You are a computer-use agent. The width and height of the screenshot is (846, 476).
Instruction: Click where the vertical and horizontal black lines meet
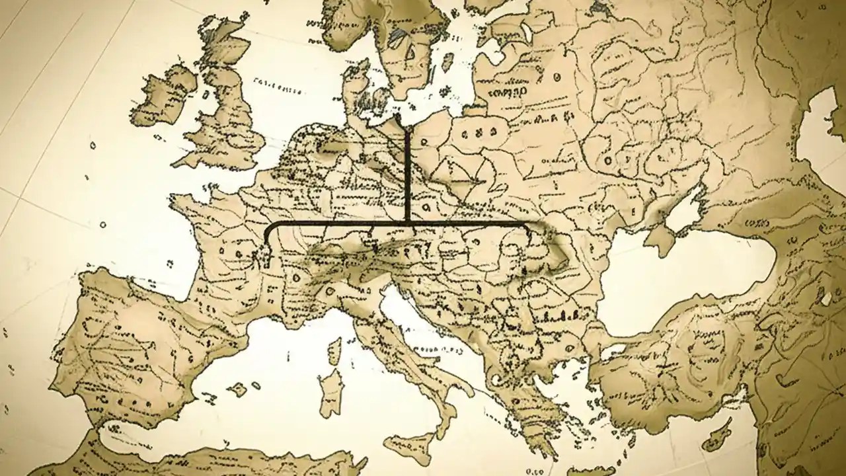[406, 225]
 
